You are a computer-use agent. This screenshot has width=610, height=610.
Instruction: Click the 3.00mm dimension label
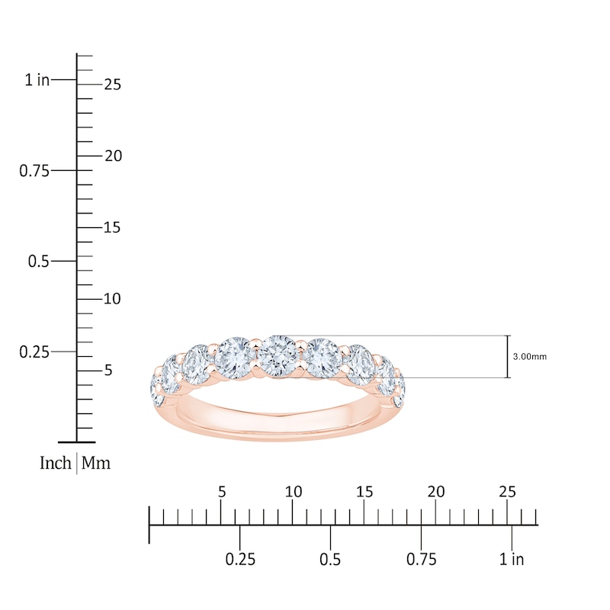point(529,356)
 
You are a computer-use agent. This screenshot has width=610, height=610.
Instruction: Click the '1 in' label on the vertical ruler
point(37,80)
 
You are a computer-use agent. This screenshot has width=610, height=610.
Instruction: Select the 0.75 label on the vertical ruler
point(34,171)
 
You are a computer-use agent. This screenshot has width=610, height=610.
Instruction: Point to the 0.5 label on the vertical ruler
point(39,261)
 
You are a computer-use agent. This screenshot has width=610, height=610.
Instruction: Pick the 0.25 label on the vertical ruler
point(34,352)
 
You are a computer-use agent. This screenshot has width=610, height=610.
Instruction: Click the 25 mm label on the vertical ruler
point(113,85)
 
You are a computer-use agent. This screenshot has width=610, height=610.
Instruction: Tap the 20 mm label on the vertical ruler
point(113,156)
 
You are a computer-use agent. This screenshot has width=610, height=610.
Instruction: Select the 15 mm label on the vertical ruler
point(113,227)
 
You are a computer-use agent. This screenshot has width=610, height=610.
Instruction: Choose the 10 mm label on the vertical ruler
point(113,299)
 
